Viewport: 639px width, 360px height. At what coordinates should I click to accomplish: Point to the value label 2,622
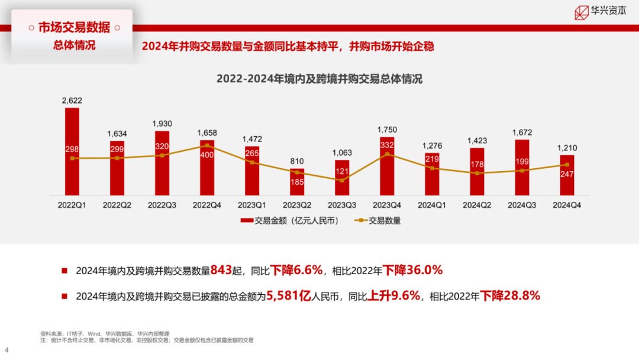[72, 101]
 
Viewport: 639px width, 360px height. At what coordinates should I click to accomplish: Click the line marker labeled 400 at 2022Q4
[207, 145]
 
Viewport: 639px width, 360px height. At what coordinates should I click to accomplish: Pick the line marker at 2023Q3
[342, 180]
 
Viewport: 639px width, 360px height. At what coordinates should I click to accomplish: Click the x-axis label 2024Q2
[477, 205]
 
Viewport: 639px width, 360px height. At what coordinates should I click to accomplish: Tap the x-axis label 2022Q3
[162, 205]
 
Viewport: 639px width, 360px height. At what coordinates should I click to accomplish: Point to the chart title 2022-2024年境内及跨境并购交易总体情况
[319, 79]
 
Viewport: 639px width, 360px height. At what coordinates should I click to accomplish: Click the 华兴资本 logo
[600, 12]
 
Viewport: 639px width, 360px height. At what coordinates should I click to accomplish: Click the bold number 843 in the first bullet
[220, 271]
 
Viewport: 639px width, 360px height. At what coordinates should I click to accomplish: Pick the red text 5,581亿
[288, 295]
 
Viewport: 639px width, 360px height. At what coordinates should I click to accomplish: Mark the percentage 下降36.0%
[412, 271]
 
